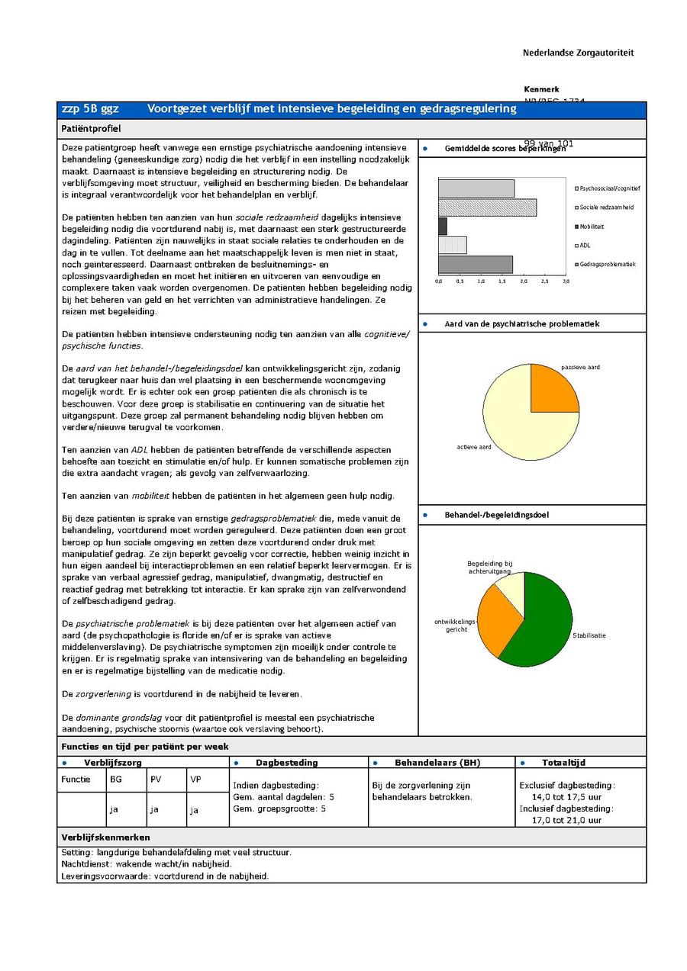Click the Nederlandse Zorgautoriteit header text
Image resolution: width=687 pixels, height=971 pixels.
578,53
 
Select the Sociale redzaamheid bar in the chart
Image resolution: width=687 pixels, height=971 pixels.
487,207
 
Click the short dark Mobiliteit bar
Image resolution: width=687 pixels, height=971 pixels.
443,227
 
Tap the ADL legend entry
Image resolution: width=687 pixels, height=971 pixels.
584,246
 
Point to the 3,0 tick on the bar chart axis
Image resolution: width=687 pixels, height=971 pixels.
566,281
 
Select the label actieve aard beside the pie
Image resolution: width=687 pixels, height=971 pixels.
474,447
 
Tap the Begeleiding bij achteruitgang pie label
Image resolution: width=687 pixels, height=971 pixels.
489,567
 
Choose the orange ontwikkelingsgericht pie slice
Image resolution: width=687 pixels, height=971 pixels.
495,622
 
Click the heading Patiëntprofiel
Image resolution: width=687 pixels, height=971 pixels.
91,129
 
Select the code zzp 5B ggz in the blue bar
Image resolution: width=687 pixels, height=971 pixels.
90,109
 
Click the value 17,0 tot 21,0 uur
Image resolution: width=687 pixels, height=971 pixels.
566,820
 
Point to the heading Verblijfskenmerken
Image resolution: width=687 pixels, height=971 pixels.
105,838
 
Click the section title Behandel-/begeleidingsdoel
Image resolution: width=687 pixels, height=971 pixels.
496,515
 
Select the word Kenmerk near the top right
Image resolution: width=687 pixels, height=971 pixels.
541,89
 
